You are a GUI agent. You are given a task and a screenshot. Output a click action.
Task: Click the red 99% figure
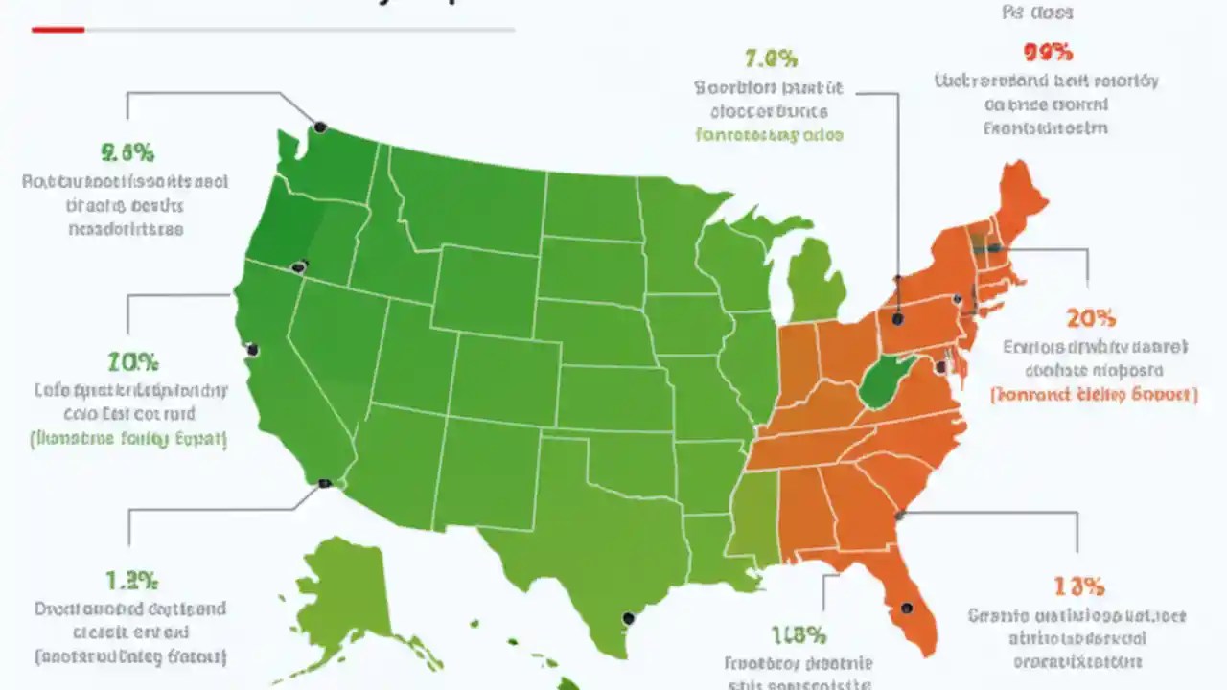coord(1048,53)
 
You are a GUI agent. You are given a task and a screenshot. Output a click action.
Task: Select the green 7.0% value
coord(770,59)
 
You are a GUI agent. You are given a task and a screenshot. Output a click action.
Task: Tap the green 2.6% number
coord(127,152)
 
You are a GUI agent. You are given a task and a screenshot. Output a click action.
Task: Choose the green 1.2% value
coord(132,580)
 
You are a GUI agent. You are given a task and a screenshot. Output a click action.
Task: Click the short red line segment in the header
coord(58,30)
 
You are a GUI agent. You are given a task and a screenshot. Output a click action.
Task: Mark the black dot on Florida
coord(903,608)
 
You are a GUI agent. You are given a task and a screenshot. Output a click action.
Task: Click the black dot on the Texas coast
coord(628,618)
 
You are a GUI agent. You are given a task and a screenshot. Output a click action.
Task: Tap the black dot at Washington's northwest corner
coord(320,126)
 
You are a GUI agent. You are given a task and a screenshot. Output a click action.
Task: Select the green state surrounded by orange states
coord(886,381)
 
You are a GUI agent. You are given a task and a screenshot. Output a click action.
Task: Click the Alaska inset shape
coord(345,594)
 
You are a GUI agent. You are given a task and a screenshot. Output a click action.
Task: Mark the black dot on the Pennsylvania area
coord(897,319)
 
